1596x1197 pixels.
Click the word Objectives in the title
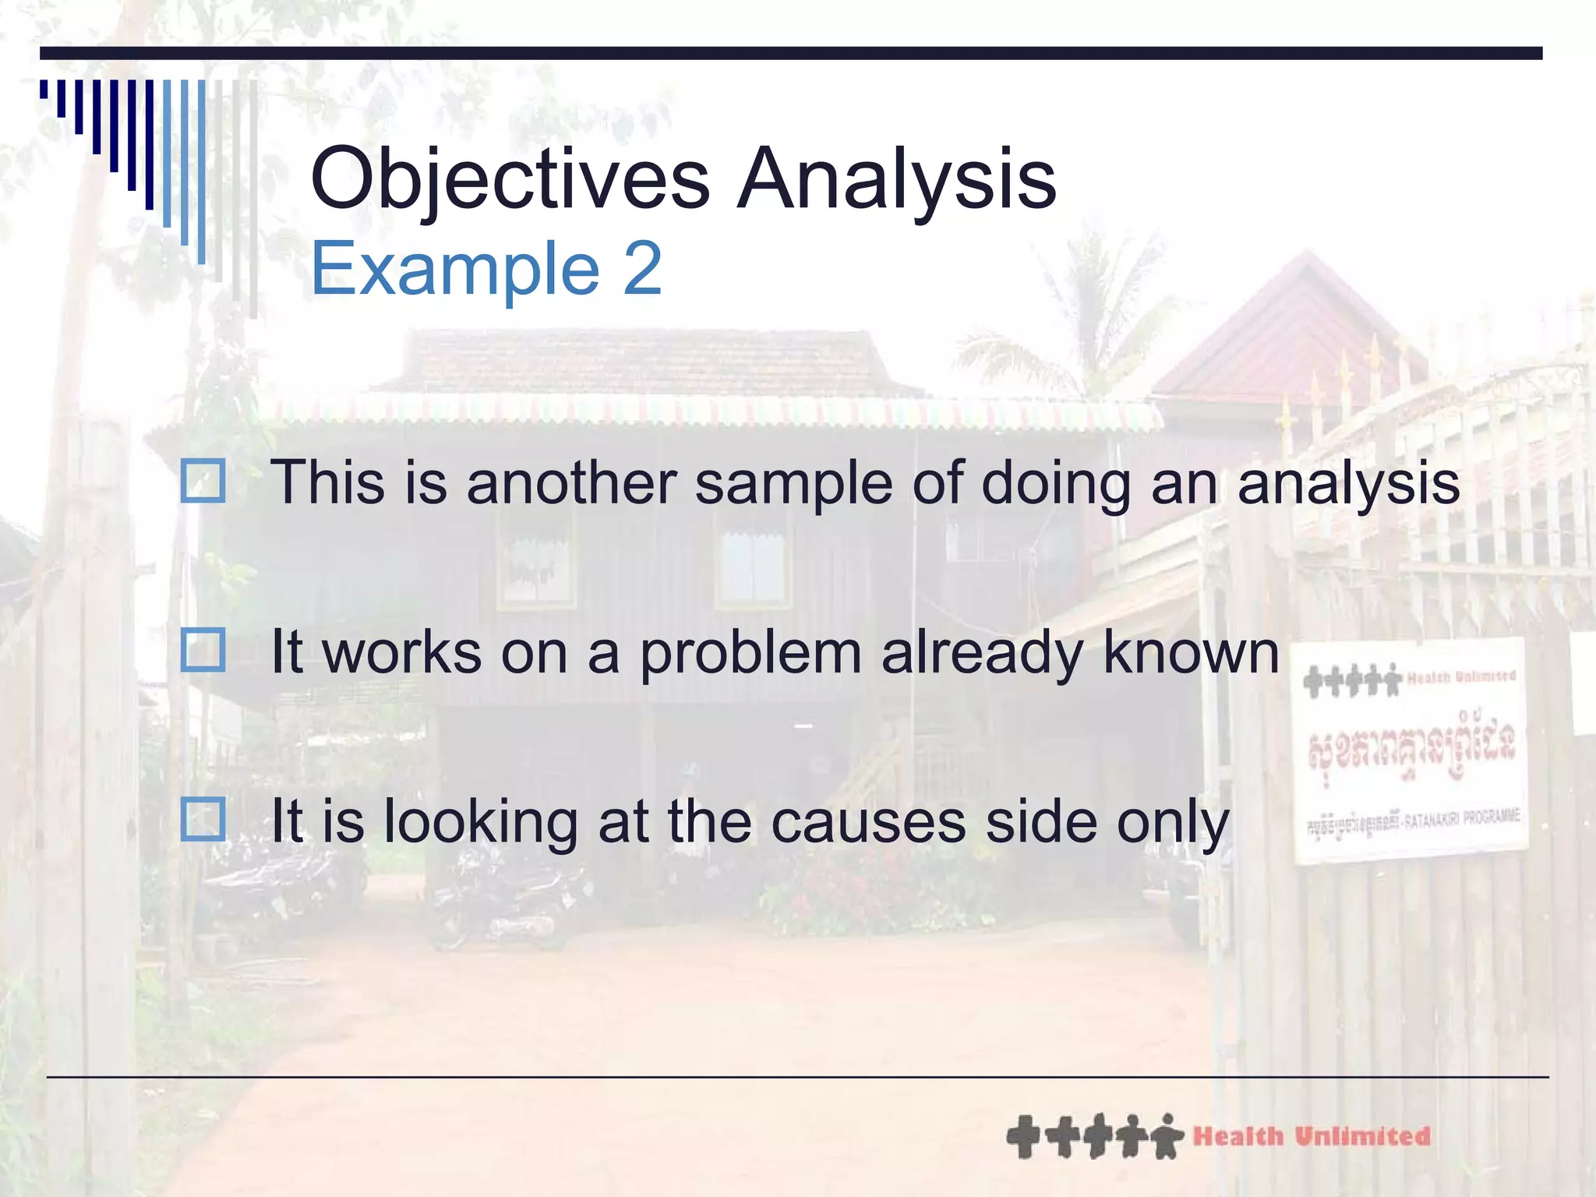pyautogui.click(x=510, y=181)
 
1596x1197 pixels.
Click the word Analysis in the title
pyautogui.click(x=896, y=181)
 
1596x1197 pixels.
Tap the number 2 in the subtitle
pyautogui.click(x=642, y=269)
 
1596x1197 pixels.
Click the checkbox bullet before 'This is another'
pyautogui.click(x=203, y=481)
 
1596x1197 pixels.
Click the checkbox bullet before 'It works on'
pyautogui.click(x=203, y=650)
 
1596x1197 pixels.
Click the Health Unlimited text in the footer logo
pyautogui.click(x=1311, y=1136)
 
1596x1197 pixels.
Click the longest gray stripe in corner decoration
pyautogui.click(x=253, y=199)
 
